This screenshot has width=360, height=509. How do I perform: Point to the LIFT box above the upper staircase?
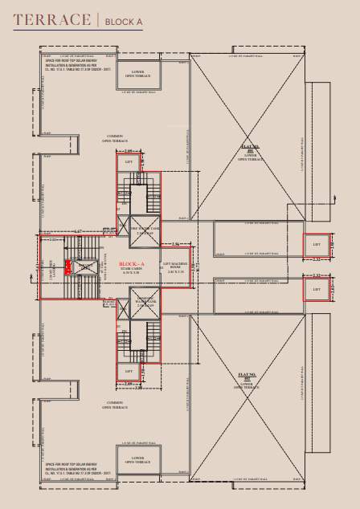point(129,161)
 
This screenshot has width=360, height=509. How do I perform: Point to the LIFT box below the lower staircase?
point(129,370)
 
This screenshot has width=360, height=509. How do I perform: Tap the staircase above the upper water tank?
point(129,195)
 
